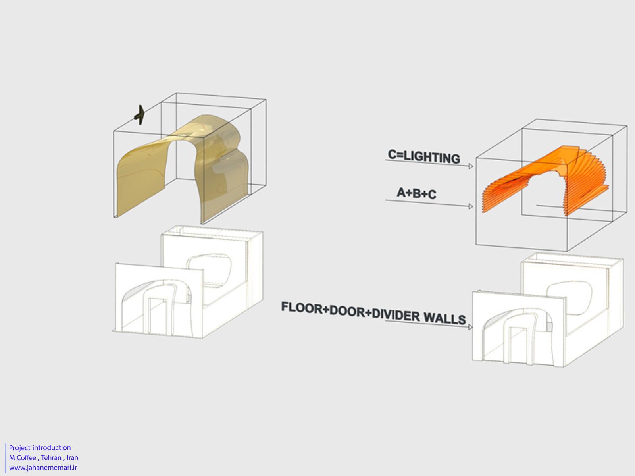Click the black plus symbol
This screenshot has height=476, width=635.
pos(140,115)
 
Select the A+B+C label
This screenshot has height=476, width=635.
pos(417,193)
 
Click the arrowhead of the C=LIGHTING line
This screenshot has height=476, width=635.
pos(471,166)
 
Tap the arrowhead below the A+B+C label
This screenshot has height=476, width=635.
pos(471,206)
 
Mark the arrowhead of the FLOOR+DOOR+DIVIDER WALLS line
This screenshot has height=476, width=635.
pos(470,327)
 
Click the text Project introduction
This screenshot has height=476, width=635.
pos(40,448)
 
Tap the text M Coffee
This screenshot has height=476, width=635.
pos(23,457)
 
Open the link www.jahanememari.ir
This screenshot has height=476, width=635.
pos(43,467)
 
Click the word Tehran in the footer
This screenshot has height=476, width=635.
pos(51,457)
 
